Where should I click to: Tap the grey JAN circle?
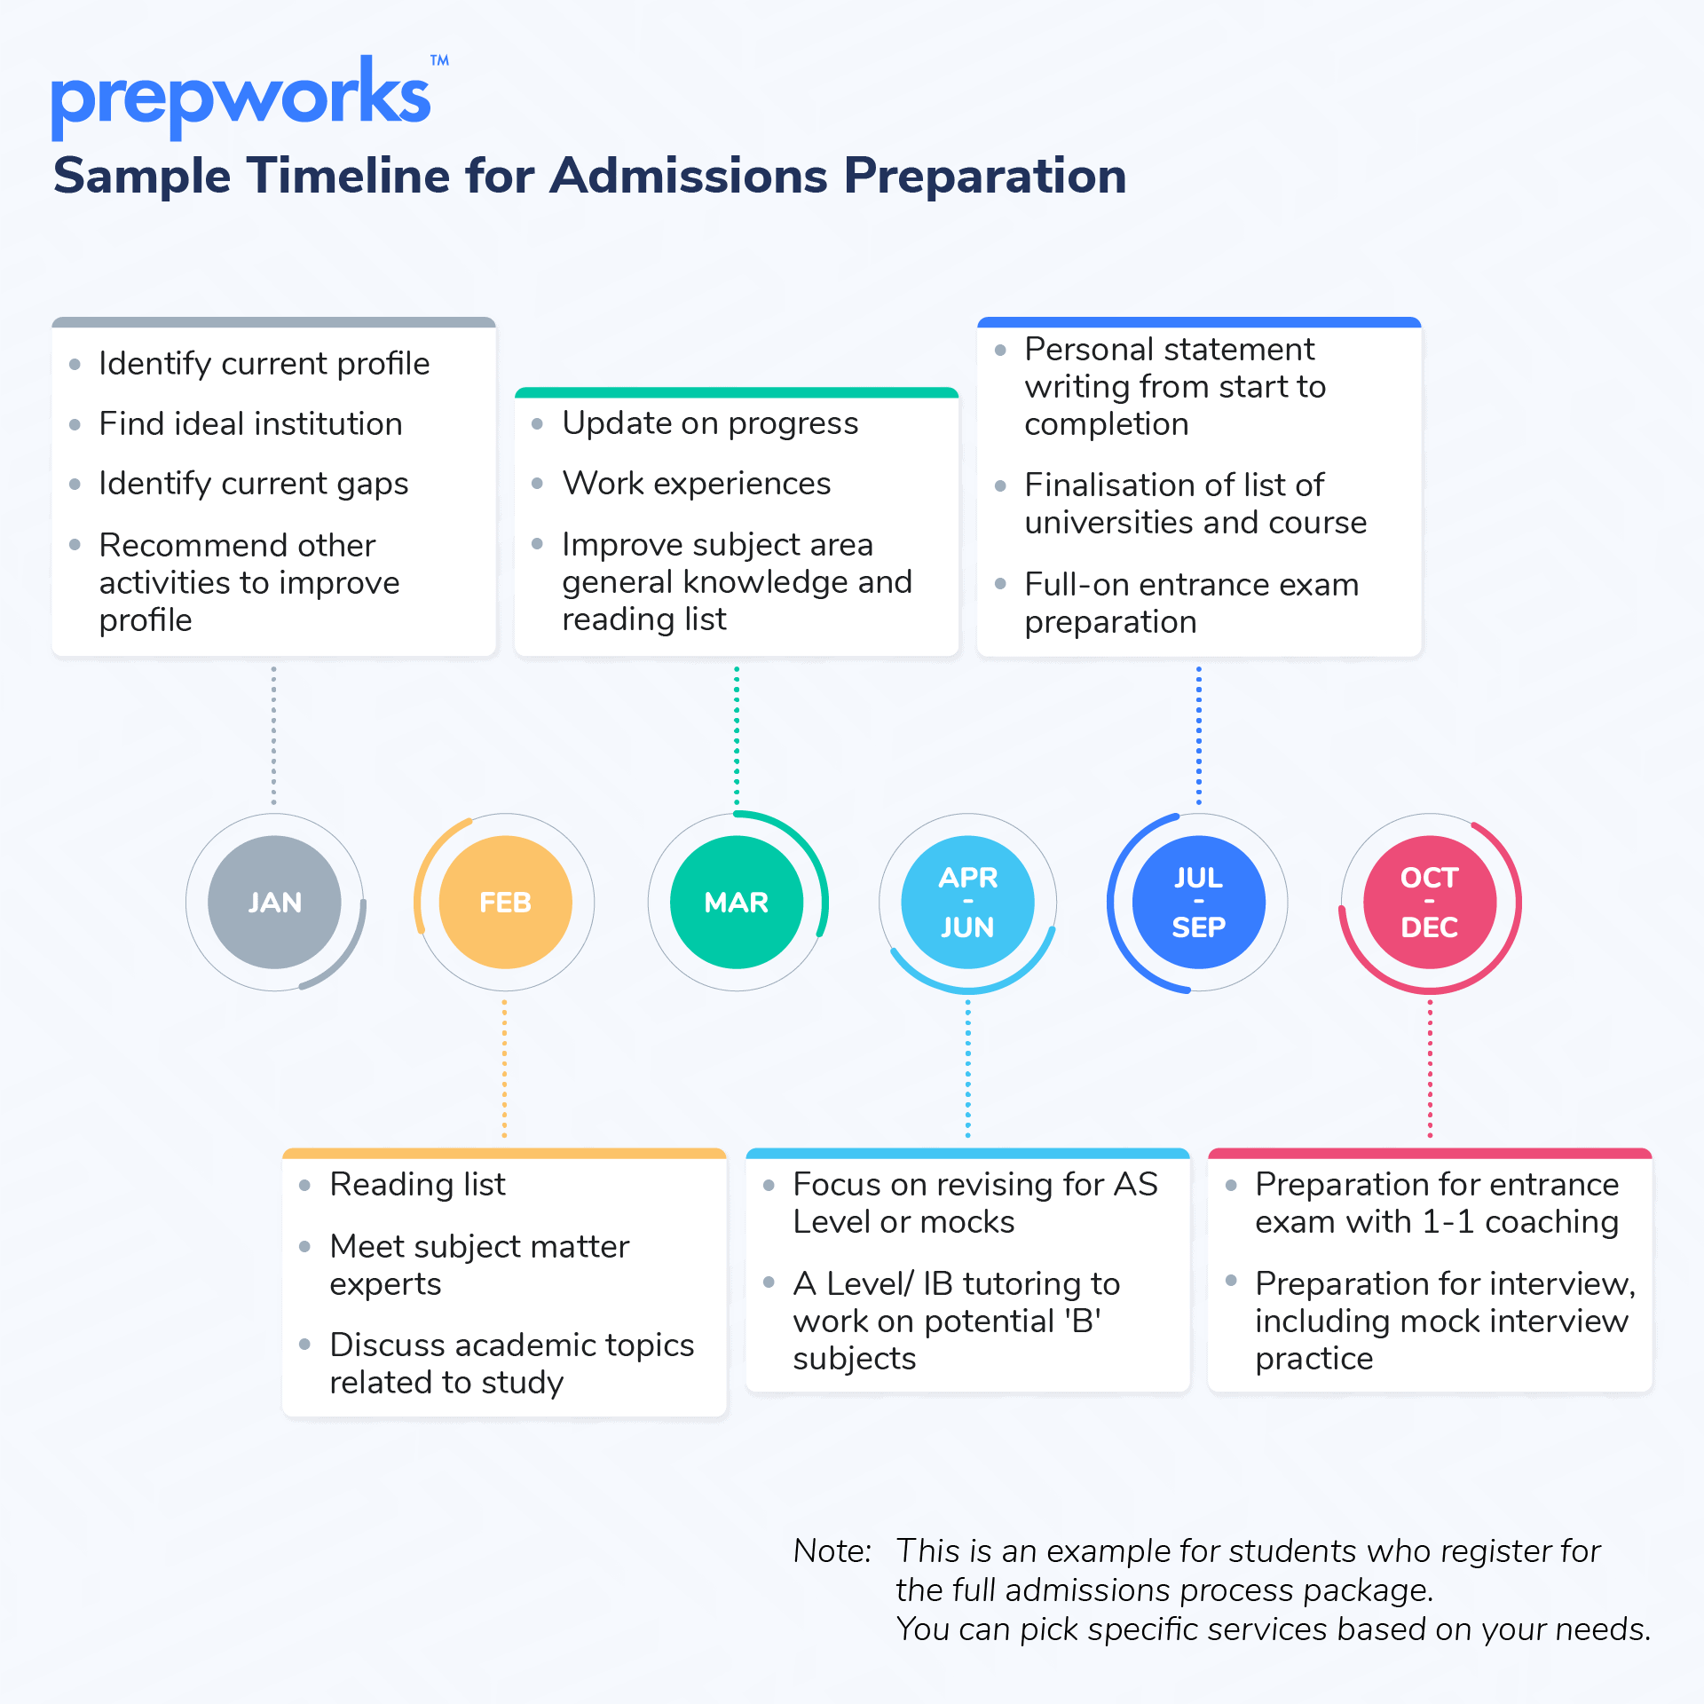[274, 902]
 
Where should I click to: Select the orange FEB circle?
[505, 902]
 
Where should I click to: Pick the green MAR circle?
[737, 902]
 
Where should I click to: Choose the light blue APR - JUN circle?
[967, 902]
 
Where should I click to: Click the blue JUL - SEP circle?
[1199, 902]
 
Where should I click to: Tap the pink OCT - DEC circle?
[1430, 902]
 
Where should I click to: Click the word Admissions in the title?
[690, 175]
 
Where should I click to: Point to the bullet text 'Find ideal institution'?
[250, 423]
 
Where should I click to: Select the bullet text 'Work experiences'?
[697, 484]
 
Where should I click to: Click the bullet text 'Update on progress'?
[710, 423]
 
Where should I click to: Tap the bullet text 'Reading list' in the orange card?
[417, 1184]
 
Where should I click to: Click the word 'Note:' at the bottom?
[832, 1550]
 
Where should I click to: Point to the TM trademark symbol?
[439, 60]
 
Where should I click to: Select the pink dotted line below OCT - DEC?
[1430, 1069]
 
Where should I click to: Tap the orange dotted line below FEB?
[505, 1069]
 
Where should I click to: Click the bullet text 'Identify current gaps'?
[254, 484]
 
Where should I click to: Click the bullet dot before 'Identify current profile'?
[75, 364]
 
